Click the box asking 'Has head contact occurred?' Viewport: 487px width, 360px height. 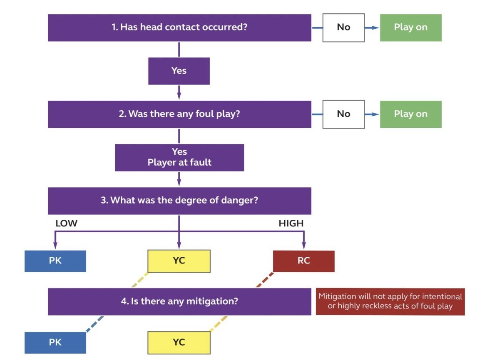(x=179, y=27)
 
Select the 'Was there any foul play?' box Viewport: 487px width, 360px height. (x=179, y=114)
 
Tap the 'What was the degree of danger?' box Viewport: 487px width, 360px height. (x=179, y=201)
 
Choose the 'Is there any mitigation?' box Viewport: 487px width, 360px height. (x=179, y=302)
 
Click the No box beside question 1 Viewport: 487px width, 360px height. (x=343, y=27)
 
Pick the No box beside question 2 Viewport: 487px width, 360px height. (x=343, y=114)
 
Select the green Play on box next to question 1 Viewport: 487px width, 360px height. (x=410, y=27)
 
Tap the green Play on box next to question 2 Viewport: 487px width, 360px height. (x=410, y=114)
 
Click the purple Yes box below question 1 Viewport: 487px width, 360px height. (x=179, y=71)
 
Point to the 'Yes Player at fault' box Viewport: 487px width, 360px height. (x=179, y=157)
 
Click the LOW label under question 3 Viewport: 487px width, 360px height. (x=67, y=223)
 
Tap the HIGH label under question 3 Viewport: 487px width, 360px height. (x=291, y=223)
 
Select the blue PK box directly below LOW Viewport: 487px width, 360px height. (x=55, y=261)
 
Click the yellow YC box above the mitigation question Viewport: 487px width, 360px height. (x=179, y=261)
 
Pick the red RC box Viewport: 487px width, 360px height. (x=304, y=261)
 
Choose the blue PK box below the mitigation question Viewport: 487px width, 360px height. (x=55, y=343)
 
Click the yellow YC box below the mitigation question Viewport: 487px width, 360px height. (x=179, y=343)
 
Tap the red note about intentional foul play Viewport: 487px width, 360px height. (x=390, y=302)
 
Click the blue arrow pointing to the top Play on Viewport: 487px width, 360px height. (x=372, y=28)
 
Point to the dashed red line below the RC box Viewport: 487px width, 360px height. (x=265, y=280)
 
